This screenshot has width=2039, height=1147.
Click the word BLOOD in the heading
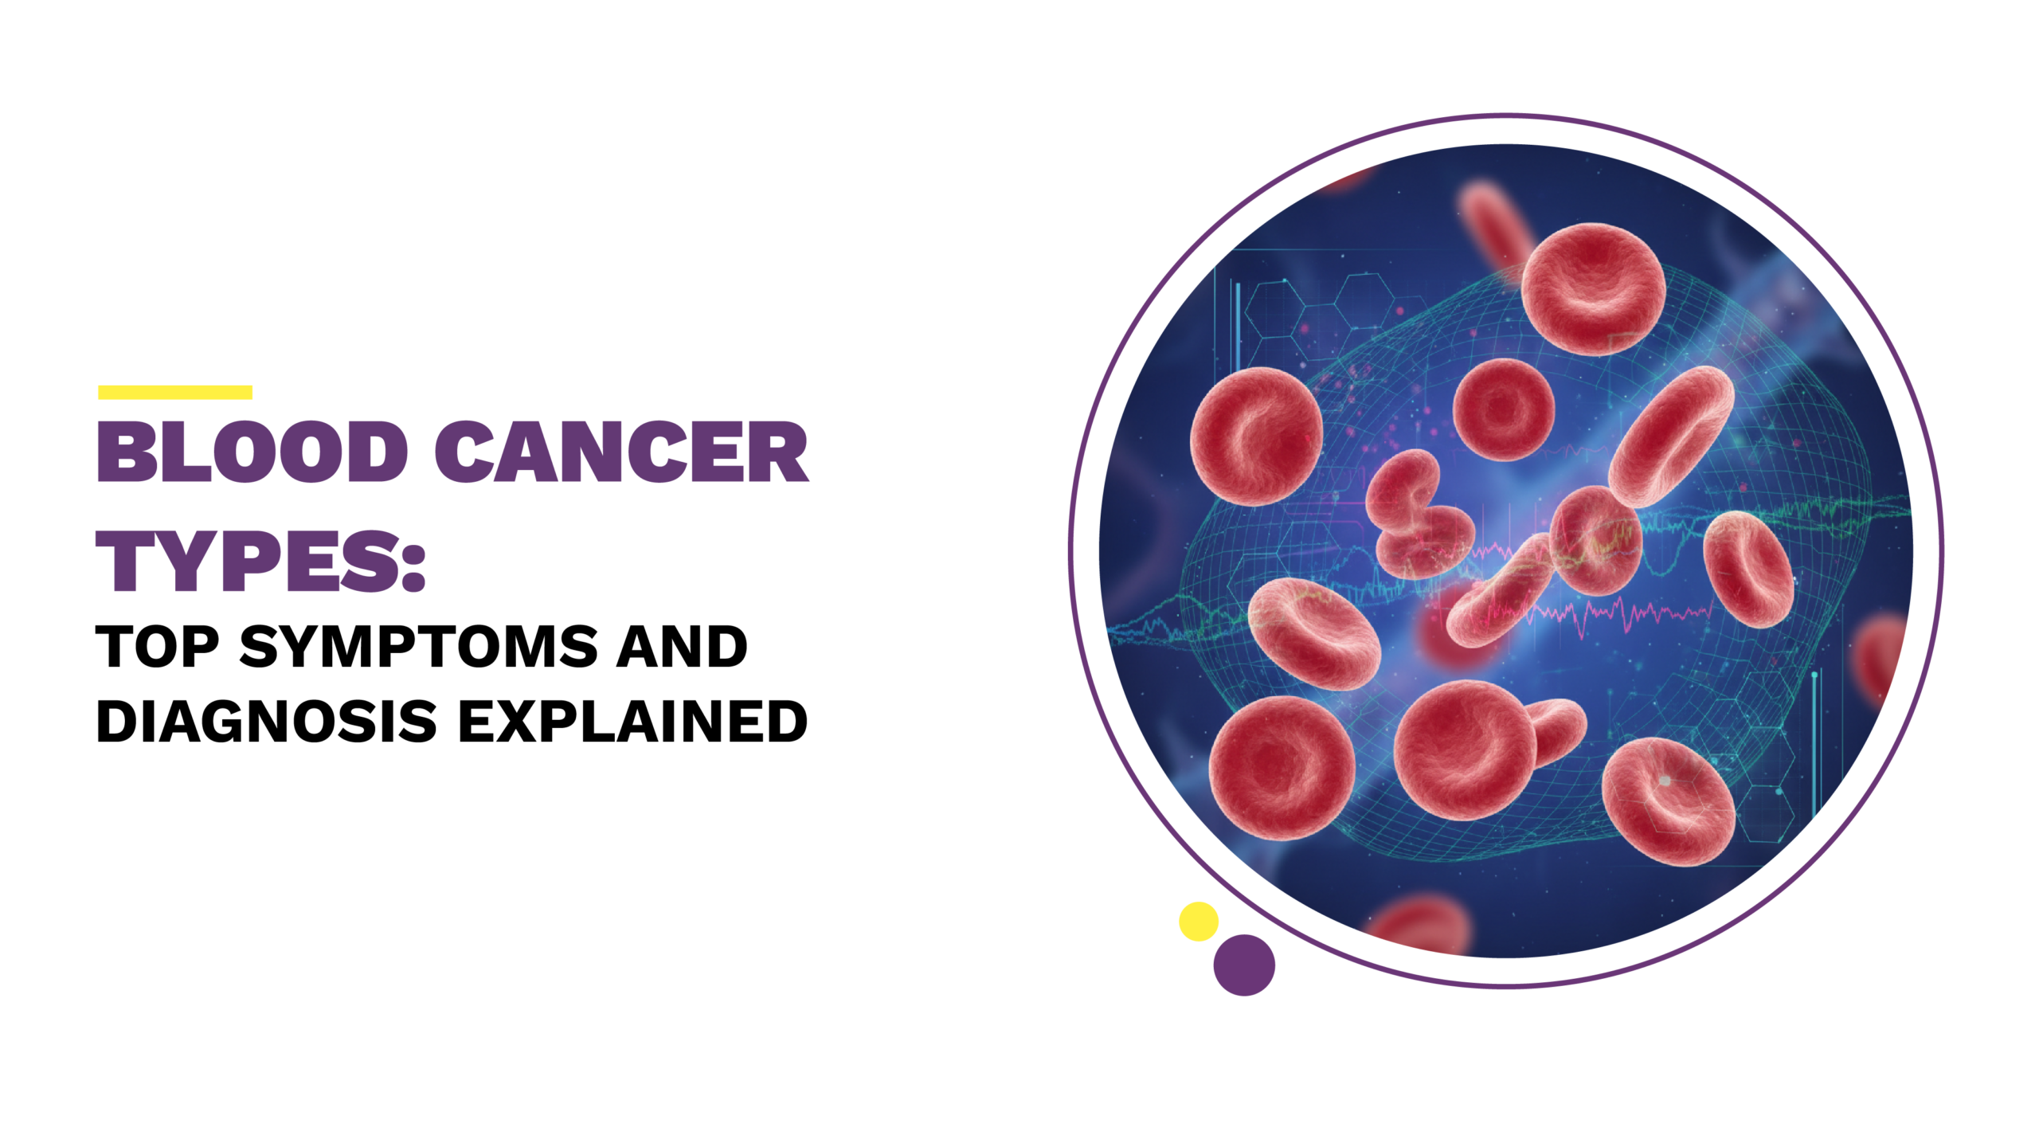(252, 452)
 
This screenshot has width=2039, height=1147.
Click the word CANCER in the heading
(622, 452)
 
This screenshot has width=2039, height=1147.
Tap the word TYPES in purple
(247, 562)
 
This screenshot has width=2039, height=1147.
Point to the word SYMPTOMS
(418, 646)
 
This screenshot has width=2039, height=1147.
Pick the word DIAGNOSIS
(267, 722)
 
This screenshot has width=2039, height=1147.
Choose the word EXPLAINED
(633, 722)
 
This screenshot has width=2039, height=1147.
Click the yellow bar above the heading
(175, 392)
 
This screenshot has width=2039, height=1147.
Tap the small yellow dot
(1198, 922)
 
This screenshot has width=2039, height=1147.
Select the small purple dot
(1244, 965)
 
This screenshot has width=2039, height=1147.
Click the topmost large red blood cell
(1593, 288)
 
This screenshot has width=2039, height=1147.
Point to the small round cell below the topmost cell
(1504, 409)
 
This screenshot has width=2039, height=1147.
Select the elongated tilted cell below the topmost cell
(1671, 436)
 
